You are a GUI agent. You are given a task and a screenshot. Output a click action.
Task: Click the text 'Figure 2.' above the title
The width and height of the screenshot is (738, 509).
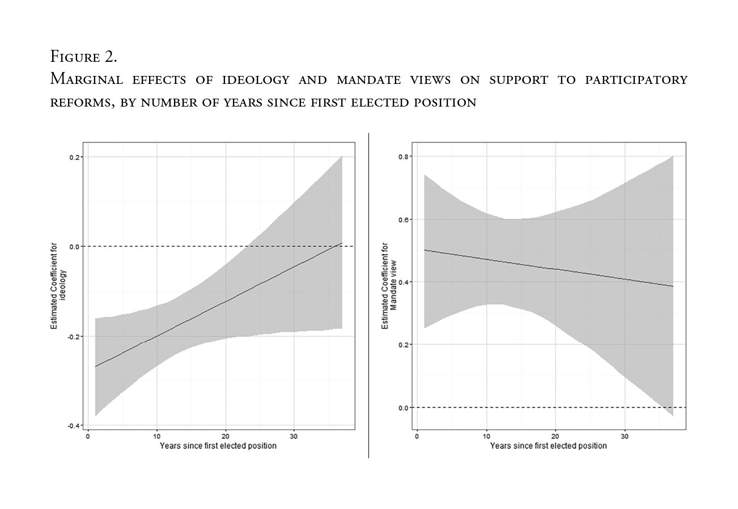click(x=83, y=57)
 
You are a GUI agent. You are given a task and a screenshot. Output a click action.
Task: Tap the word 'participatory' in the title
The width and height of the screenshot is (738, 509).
click(x=636, y=80)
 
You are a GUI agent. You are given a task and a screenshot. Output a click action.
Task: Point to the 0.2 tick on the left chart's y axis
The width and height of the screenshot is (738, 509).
click(x=74, y=157)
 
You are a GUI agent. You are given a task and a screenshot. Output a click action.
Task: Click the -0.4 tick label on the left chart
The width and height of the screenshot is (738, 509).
click(x=73, y=426)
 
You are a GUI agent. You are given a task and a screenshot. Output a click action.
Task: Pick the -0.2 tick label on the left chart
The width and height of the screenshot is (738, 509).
click(x=73, y=336)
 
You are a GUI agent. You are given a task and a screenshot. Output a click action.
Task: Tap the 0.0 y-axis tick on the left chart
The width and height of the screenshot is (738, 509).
click(x=74, y=247)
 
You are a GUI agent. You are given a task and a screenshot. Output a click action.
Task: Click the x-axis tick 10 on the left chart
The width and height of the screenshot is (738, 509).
click(x=156, y=436)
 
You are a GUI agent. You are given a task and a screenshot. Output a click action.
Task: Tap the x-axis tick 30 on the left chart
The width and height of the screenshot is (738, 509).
click(x=294, y=436)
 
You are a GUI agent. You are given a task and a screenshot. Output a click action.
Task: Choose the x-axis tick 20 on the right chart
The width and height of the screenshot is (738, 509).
click(x=555, y=436)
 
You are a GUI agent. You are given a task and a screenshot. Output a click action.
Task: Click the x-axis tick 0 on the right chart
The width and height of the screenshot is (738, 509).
click(x=417, y=436)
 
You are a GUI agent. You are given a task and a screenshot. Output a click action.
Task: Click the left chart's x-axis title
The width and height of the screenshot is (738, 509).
click(x=218, y=446)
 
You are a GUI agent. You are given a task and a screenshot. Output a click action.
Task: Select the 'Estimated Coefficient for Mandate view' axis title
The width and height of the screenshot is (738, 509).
click(x=389, y=286)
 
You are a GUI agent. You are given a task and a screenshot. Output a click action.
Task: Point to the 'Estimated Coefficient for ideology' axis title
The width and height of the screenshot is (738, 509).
click(x=58, y=286)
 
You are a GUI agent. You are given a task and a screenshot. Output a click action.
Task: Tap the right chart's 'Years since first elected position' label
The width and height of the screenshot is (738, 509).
click(x=548, y=446)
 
